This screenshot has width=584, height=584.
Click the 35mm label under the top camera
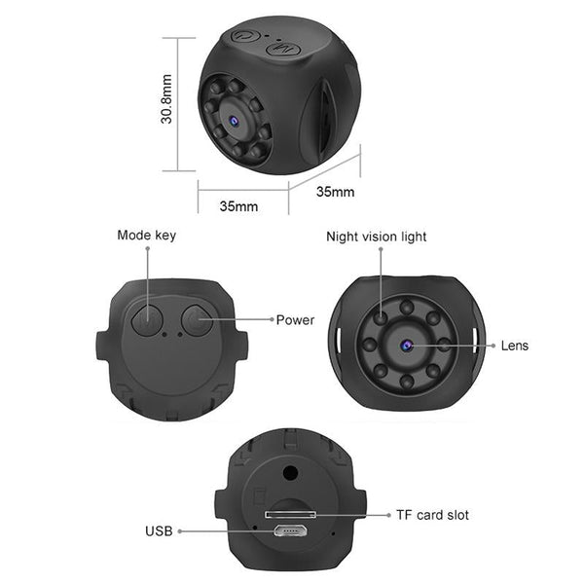tap(238, 206)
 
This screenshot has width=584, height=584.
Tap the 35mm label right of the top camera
tap(336, 192)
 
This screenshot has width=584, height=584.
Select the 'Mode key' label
tap(147, 235)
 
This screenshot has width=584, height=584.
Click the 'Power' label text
tap(295, 319)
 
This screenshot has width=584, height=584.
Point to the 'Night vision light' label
tap(376, 237)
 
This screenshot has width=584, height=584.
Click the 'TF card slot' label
tap(432, 514)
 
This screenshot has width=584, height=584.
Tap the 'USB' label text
tap(159, 531)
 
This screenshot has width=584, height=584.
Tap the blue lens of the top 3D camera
tap(234, 123)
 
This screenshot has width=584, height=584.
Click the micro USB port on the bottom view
tap(288, 531)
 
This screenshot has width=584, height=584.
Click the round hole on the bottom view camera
tap(289, 473)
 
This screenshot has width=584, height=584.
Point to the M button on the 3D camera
tap(281, 45)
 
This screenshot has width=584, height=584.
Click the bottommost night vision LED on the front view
tap(406, 383)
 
